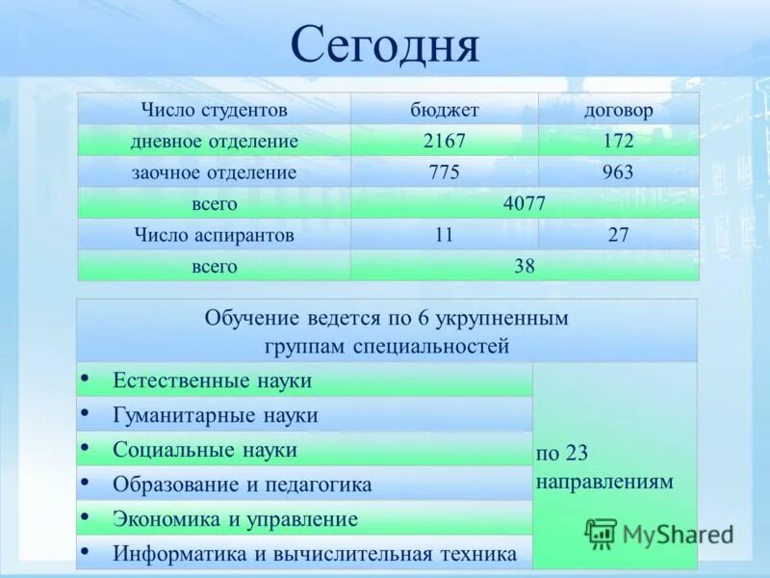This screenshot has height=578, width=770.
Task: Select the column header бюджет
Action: [444, 110]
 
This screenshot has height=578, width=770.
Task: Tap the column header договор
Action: [618, 110]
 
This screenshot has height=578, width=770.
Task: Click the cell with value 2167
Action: [444, 142]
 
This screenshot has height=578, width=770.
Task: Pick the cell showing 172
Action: [618, 142]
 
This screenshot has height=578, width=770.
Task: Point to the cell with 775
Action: [444, 173]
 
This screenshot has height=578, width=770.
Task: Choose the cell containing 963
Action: [618, 173]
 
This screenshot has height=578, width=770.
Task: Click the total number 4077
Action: [525, 204]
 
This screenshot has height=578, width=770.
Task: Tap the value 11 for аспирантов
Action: [444, 235]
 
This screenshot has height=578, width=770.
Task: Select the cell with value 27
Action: [618, 235]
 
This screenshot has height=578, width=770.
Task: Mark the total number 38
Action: [525, 266]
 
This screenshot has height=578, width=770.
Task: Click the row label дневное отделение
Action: [214, 142]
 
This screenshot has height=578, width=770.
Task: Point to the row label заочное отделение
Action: [214, 173]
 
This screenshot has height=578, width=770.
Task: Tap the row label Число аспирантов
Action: [214, 235]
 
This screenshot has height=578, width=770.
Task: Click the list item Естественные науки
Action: [212, 381]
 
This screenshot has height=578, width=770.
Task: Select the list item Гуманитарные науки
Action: [215, 416]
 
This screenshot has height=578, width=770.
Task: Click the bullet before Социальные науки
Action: [87, 447]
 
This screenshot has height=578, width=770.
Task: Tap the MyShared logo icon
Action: [601, 533]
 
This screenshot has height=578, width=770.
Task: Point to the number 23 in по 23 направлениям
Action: [577, 454]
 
